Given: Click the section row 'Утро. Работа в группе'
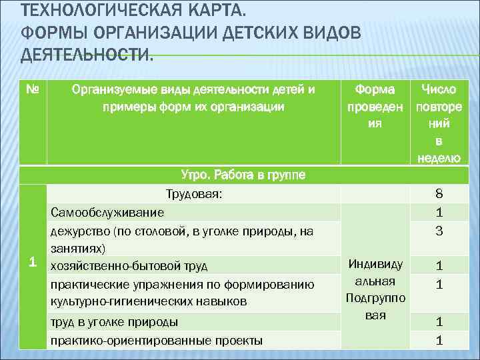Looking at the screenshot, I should (243, 175).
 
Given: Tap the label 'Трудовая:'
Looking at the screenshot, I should (194, 194).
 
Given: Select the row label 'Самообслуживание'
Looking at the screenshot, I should (107, 212).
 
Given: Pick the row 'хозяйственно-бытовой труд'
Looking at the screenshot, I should (129, 266).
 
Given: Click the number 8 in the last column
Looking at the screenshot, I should (439, 194).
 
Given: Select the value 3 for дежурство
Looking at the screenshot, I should (439, 231).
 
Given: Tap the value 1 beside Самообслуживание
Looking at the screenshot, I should (439, 212).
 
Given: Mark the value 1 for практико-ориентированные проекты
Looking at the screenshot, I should (439, 340).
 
